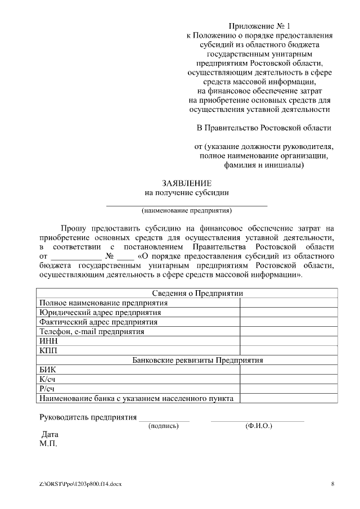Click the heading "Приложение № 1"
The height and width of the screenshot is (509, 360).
[x=259, y=26]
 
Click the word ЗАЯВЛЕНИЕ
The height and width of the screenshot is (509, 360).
[x=187, y=183]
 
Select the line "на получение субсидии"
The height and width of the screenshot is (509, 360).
[x=187, y=192]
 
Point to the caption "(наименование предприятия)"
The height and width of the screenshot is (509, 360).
[x=187, y=211]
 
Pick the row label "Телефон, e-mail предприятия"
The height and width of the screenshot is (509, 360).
[x=92, y=331]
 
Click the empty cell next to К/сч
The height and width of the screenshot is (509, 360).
[x=289, y=379]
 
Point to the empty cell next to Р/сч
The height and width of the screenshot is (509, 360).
[x=289, y=389]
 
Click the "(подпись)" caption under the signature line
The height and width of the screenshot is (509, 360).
[x=164, y=426]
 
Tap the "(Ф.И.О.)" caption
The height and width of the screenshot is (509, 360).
[x=259, y=426]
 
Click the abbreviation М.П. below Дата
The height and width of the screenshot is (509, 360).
[x=48, y=444]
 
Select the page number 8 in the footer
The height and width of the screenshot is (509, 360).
[x=332, y=484]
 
